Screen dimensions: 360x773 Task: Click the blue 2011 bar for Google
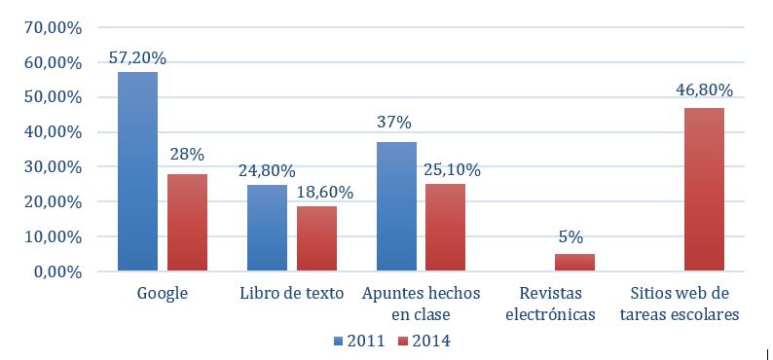[137, 171]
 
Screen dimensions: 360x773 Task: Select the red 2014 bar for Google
[187, 222]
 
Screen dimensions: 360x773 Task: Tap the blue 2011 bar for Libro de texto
[267, 227]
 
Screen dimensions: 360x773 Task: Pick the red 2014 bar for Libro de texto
[316, 237]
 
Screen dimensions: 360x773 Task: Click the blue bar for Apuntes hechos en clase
[396, 206]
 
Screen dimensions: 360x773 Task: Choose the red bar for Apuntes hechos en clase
[446, 227]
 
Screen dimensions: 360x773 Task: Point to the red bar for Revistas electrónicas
[574, 262]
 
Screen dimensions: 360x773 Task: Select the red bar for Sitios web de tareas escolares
[704, 189]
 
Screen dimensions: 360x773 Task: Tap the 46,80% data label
[704, 90]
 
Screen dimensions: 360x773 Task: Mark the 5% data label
[574, 236]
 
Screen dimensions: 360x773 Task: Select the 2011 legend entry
[359, 341]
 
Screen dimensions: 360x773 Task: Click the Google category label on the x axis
[162, 293]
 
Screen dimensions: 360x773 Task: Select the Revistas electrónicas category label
[554, 303]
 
